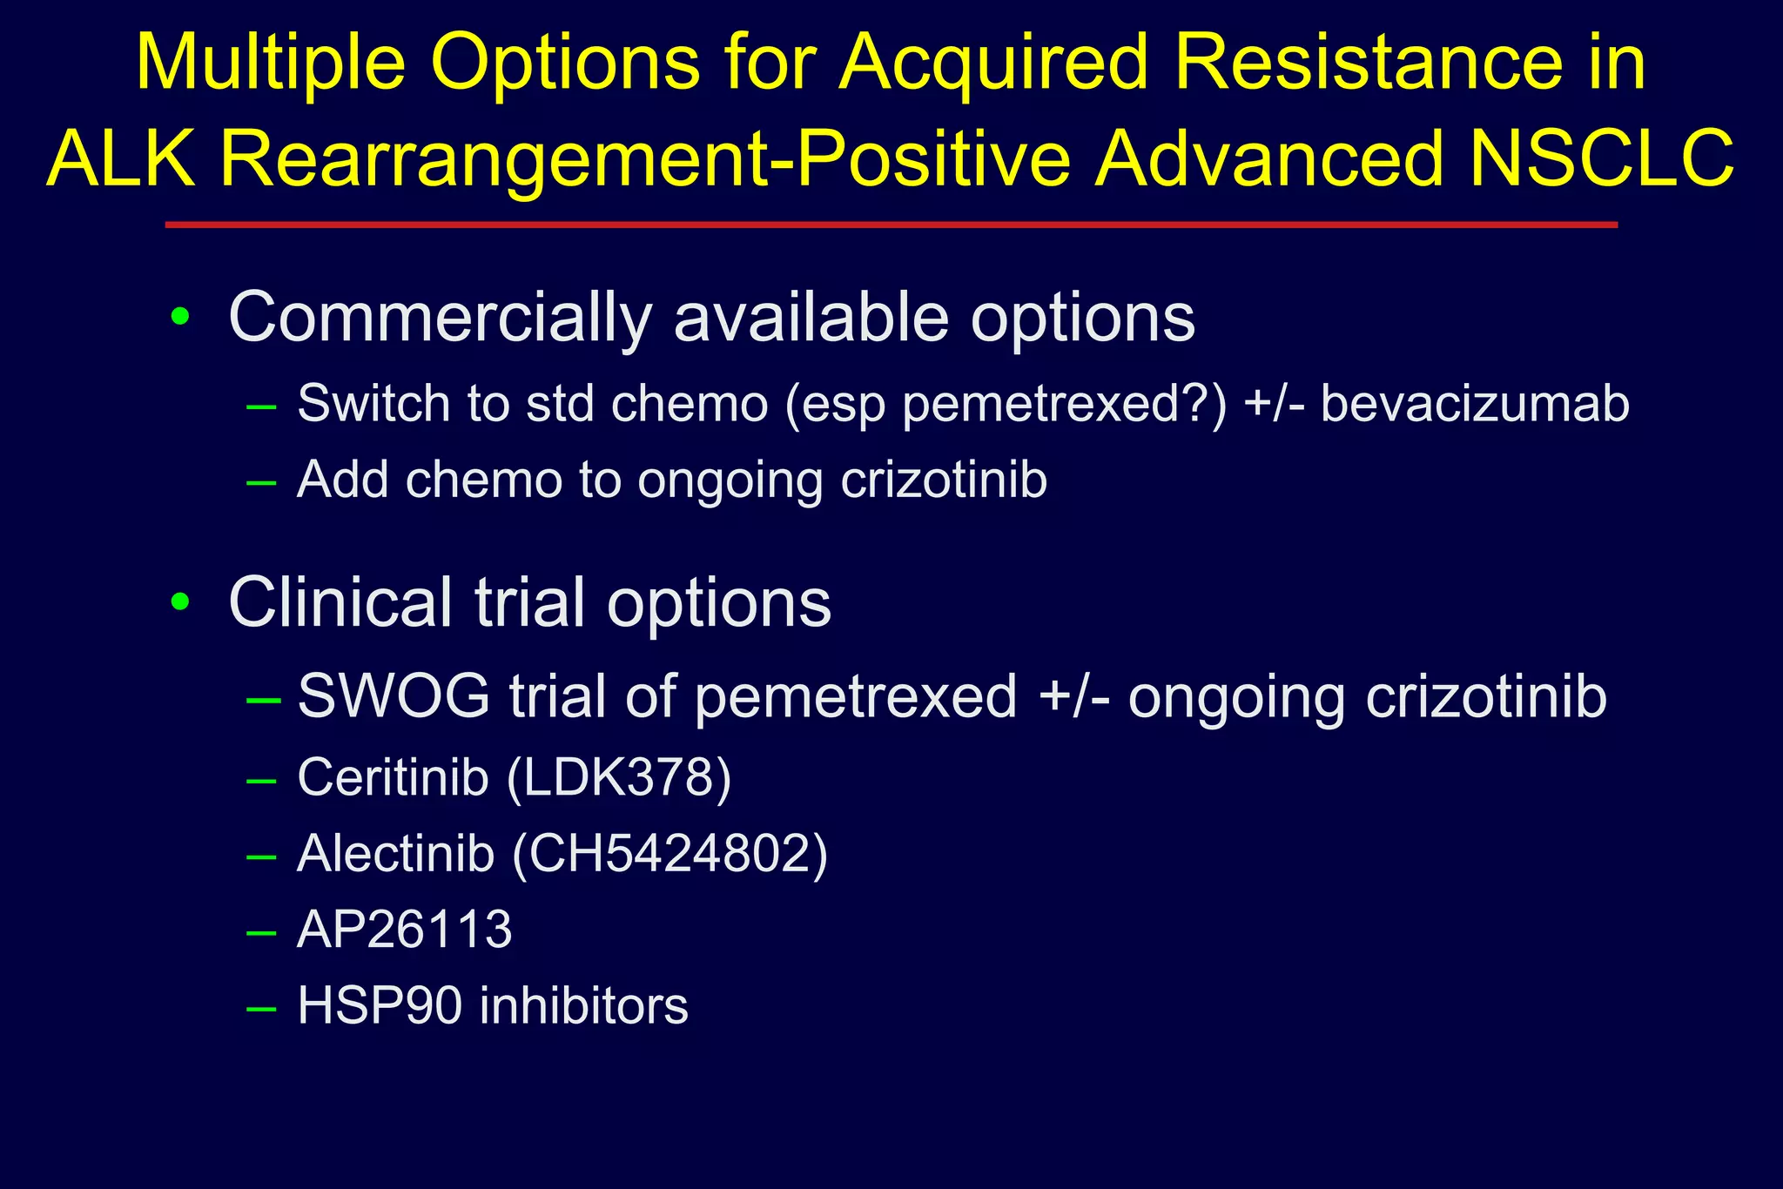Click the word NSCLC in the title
tap(1602, 158)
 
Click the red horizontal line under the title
tap(891, 225)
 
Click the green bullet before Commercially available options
tap(180, 317)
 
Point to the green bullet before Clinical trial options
tap(180, 601)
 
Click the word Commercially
tap(440, 319)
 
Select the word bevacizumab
tap(1475, 404)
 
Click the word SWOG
tap(394, 696)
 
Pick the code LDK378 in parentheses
tap(618, 776)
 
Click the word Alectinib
tap(396, 853)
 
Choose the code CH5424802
tap(670, 853)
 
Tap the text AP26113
tap(405, 930)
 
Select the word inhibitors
tap(584, 1006)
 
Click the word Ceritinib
tap(393, 776)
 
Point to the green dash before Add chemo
tap(261, 481)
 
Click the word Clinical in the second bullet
tap(340, 602)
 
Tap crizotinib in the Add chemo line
tap(944, 480)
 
